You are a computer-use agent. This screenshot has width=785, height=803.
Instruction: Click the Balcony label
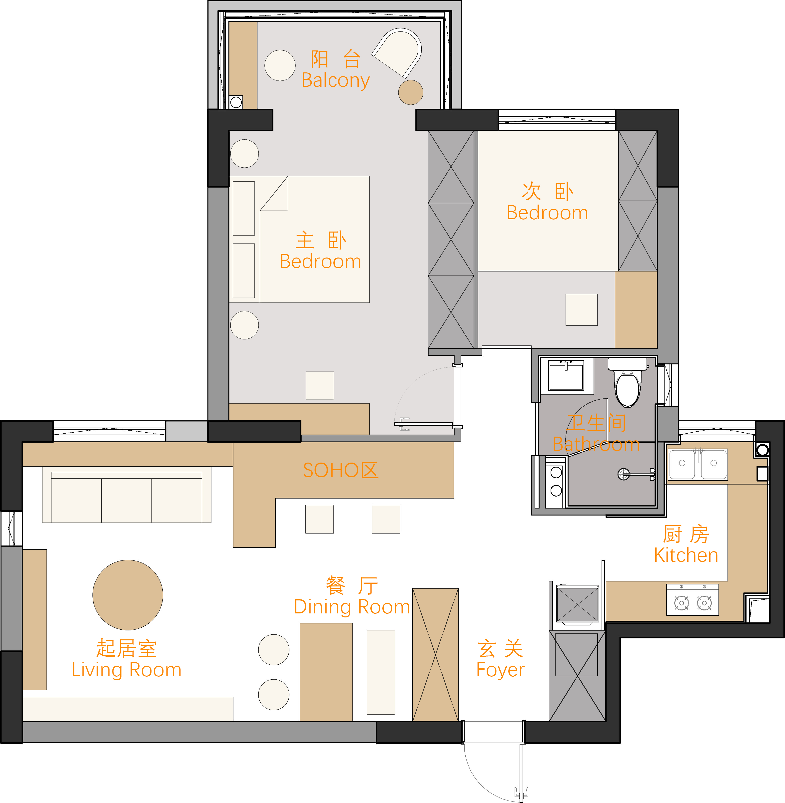coord(336,80)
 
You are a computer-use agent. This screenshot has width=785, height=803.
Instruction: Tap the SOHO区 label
coord(341,470)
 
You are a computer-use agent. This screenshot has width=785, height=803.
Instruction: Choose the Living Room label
coord(126,670)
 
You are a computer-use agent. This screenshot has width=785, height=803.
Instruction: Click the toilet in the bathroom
coord(628,382)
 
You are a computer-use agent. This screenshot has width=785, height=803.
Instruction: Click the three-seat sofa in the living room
coord(126,495)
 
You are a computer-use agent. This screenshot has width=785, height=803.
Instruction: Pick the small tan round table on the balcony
coord(411,92)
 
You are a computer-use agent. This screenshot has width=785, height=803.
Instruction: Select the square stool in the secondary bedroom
coord(581,310)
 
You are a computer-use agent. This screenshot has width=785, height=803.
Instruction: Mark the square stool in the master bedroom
coord(320,386)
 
